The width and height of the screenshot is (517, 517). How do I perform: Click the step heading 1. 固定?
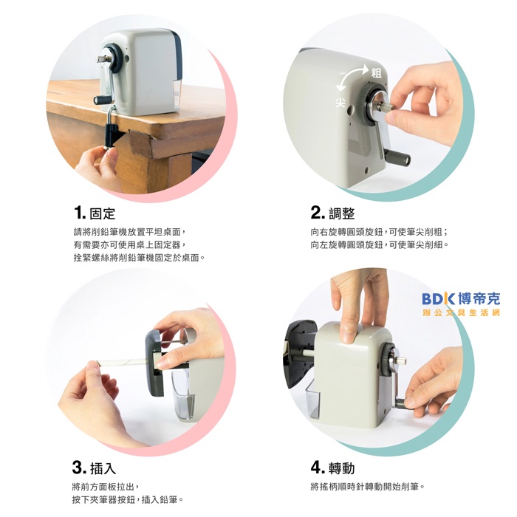(x=95, y=213)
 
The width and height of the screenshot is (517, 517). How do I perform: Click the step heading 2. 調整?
(x=332, y=213)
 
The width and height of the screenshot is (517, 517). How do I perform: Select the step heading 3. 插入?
(x=94, y=468)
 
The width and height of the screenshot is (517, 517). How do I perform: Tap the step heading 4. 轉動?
(x=332, y=468)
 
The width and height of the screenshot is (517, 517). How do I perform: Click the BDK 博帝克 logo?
(x=461, y=298)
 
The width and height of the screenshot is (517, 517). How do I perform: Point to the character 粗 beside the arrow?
(x=376, y=73)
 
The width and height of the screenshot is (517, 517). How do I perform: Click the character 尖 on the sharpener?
(x=340, y=102)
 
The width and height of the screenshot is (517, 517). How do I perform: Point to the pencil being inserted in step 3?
(x=123, y=363)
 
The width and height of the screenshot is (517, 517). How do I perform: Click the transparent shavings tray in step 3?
(x=184, y=395)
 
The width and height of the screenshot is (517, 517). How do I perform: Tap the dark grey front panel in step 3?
(x=154, y=363)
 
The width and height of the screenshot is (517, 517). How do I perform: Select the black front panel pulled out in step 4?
(x=298, y=354)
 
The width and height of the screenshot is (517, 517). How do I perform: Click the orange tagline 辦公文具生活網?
(x=461, y=312)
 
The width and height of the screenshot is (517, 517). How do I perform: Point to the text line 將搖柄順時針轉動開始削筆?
(x=367, y=486)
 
